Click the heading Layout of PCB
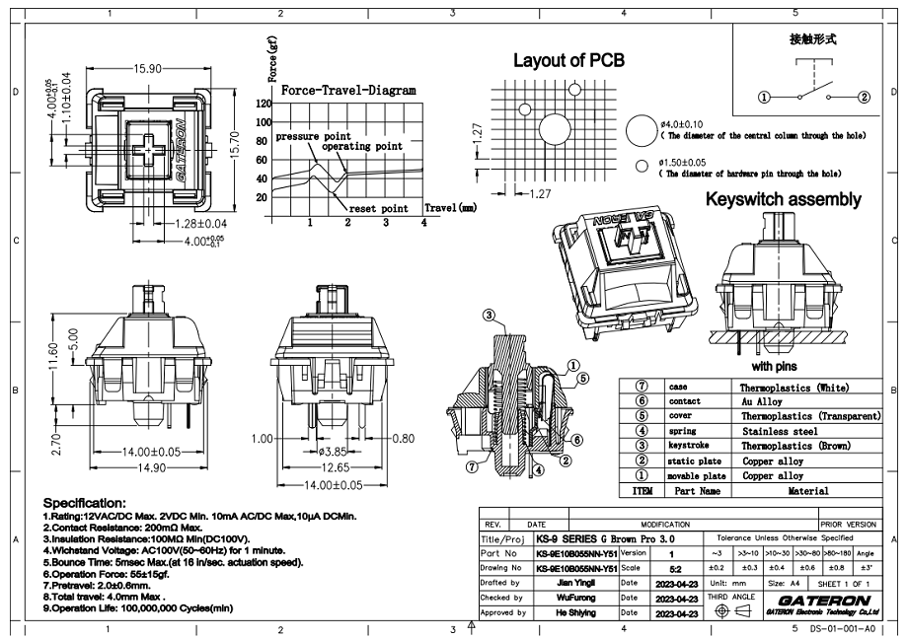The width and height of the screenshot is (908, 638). (568, 60)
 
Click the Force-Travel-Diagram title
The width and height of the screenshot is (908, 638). (348, 90)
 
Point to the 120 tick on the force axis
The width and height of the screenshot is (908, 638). (264, 104)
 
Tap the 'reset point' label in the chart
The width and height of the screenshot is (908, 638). (379, 209)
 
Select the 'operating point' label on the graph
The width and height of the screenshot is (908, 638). (363, 146)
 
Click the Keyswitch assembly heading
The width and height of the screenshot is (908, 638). (783, 199)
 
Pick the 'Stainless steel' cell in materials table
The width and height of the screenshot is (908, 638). (779, 431)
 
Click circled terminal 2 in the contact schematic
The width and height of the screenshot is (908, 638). (864, 97)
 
